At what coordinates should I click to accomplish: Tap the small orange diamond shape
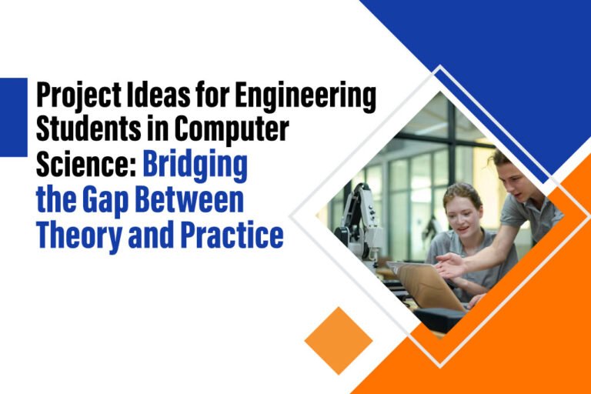tap(339, 340)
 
